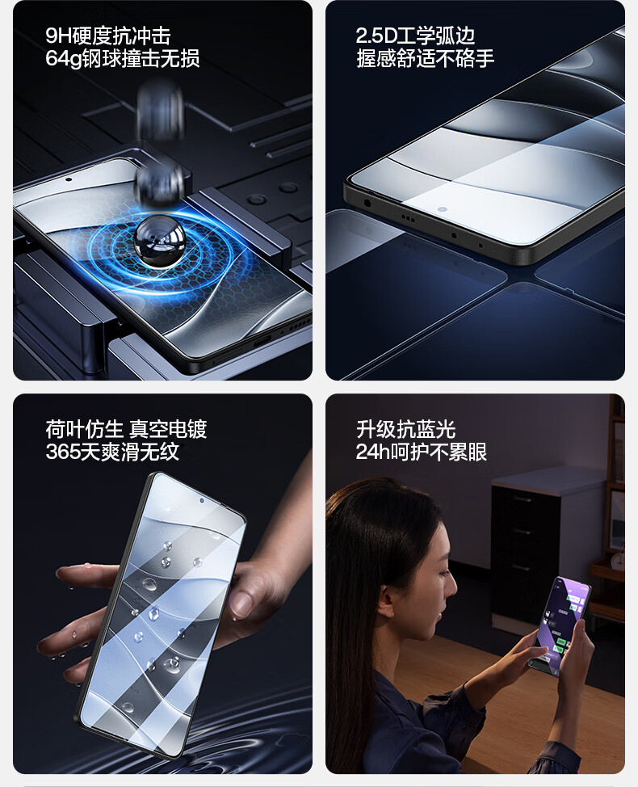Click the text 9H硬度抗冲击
click(108, 36)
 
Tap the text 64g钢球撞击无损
click(123, 58)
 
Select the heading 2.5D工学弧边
click(415, 36)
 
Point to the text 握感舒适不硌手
click(426, 58)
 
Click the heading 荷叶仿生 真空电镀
click(126, 429)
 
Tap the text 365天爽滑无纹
click(112, 452)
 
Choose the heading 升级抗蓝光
click(405, 429)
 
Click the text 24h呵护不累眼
click(422, 452)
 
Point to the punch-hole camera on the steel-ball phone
click(68, 179)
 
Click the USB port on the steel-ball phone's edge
click(262, 341)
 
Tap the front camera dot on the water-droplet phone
click(202, 500)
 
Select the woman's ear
click(387, 593)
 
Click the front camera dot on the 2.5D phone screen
click(442, 209)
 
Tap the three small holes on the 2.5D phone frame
click(407, 219)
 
